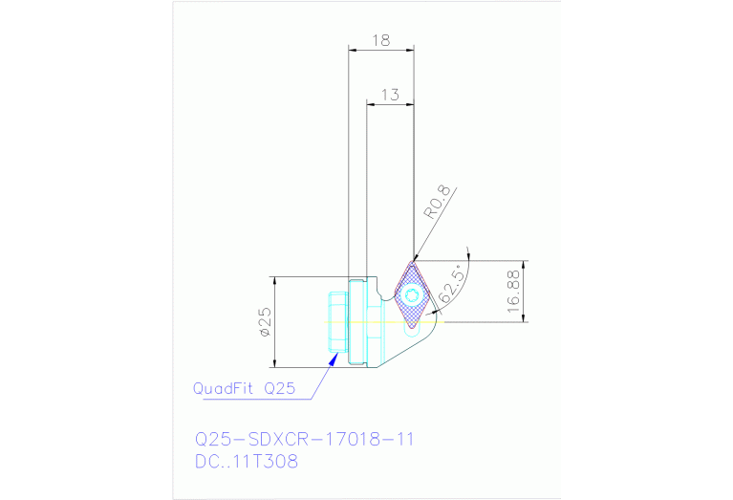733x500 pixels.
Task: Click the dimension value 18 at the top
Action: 380,40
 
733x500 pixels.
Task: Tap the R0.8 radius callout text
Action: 437,202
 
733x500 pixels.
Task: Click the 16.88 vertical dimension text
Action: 513,291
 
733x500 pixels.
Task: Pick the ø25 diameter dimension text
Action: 265,323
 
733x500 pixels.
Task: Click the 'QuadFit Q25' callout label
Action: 244,388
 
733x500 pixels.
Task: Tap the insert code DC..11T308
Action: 246,462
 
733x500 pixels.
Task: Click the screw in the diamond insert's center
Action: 412,294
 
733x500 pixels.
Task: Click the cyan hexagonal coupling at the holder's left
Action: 338,323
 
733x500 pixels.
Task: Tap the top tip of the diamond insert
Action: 414,261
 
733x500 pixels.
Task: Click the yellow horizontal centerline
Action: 382,322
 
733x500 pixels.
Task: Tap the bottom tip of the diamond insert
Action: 412,328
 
